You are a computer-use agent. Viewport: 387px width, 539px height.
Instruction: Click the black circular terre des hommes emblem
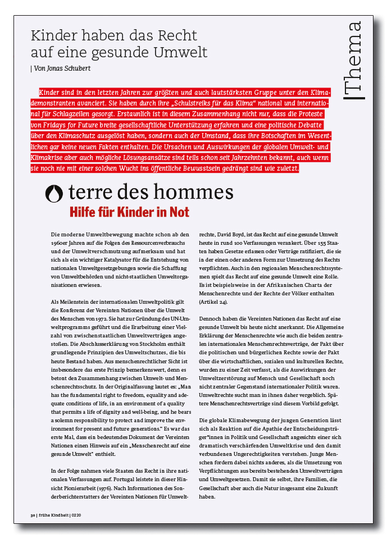click(54, 193)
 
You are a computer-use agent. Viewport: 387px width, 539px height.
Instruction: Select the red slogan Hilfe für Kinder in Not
click(129, 212)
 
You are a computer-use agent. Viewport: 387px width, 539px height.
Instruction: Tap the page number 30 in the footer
click(33, 515)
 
